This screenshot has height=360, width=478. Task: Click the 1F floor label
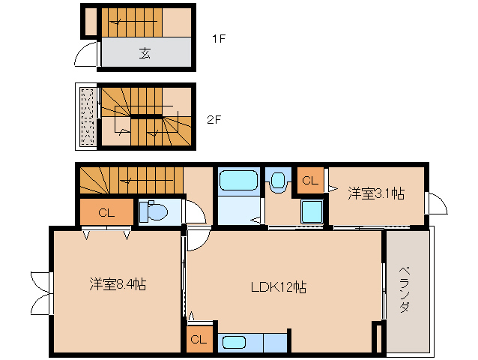(217, 39)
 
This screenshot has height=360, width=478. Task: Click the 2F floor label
(215, 119)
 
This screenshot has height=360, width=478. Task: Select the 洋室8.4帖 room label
(118, 284)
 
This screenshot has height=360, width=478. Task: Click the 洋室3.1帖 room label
(376, 193)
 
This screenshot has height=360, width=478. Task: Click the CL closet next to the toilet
(106, 213)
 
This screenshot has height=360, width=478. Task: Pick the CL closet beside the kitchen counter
(199, 340)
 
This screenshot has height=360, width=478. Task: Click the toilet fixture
(155, 211)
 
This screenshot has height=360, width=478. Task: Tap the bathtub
(238, 181)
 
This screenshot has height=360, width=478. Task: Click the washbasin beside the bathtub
(279, 181)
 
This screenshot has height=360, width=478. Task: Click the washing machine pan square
(312, 211)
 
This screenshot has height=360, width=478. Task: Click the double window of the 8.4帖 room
(40, 292)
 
